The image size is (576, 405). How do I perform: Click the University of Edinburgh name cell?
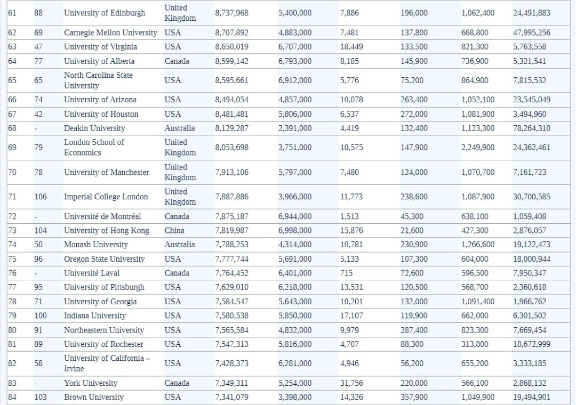tap(104, 13)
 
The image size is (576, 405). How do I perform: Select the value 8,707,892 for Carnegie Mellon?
tap(231, 33)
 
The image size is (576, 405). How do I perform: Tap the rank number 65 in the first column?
tap(12, 80)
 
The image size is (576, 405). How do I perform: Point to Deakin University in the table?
tap(94, 128)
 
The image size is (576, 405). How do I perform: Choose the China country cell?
tap(174, 231)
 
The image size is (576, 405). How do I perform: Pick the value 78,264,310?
tap(531, 128)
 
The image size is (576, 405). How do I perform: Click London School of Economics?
tap(94, 148)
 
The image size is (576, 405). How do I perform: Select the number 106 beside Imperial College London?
tap(41, 197)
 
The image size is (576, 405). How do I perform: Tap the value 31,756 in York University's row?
tap(351, 383)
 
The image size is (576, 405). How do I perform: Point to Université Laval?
tap(89, 273)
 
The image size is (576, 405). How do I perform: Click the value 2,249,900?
tap(478, 148)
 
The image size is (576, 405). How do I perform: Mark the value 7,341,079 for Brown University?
tap(231, 397)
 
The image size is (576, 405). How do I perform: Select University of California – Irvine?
tap(107, 363)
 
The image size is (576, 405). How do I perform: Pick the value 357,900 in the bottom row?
tap(414, 397)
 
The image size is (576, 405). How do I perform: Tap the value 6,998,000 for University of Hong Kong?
tap(295, 231)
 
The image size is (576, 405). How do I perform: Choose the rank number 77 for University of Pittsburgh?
tap(12, 287)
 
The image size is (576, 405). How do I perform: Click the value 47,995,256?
tap(531, 33)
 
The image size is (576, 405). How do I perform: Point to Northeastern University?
tap(104, 330)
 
